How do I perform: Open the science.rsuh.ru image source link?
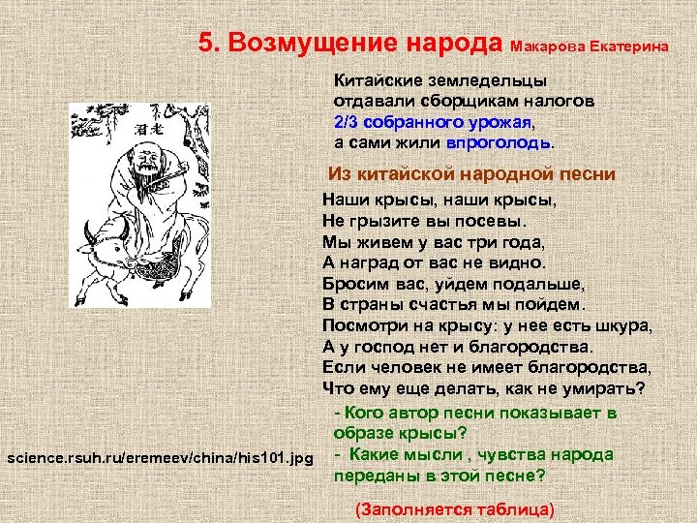pyautogui.click(x=159, y=455)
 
